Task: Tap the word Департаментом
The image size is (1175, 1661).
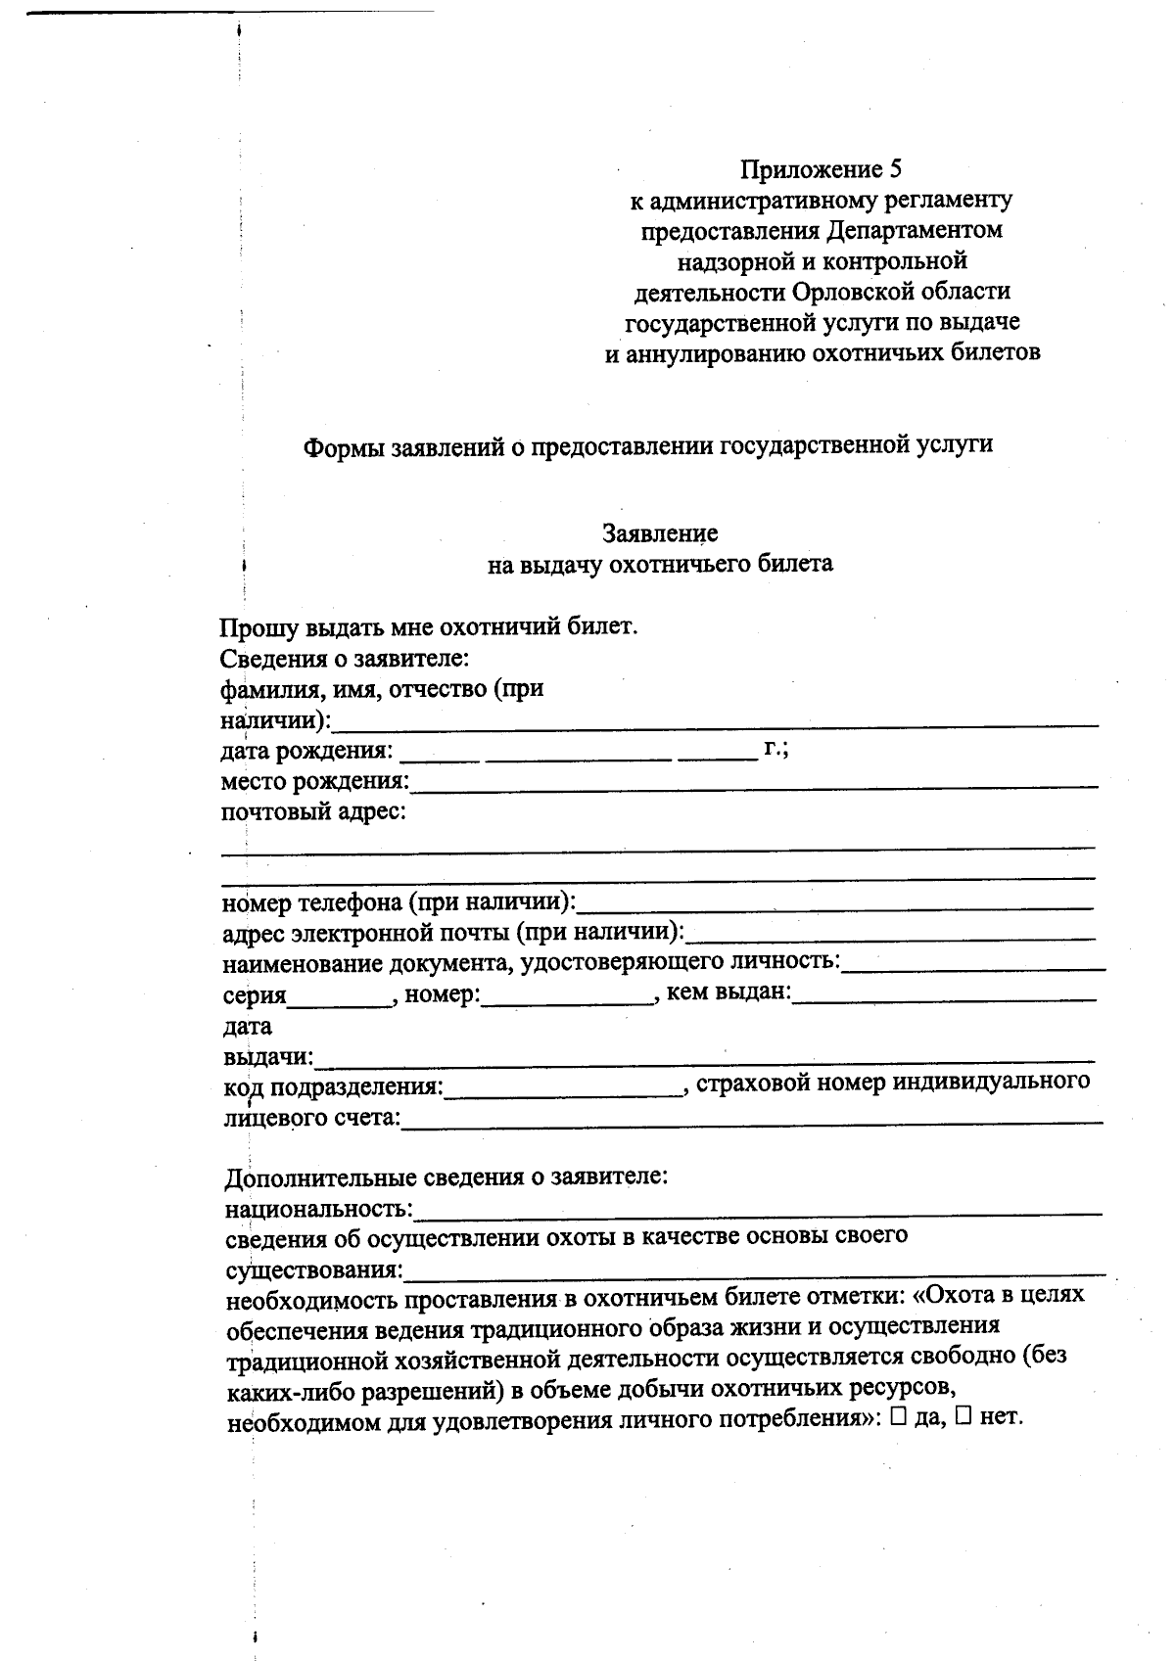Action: tap(915, 231)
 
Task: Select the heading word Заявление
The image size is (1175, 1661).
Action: tap(660, 533)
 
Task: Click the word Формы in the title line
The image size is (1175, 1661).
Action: tap(344, 445)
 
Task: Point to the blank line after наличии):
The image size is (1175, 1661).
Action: tap(715, 721)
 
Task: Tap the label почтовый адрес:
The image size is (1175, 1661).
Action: tap(313, 812)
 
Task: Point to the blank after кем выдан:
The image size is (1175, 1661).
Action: tap(944, 997)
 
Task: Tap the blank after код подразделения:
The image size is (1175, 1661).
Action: tap(563, 1090)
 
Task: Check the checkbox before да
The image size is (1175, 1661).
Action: tap(899, 1418)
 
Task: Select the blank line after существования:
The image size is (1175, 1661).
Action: tap(754, 1272)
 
